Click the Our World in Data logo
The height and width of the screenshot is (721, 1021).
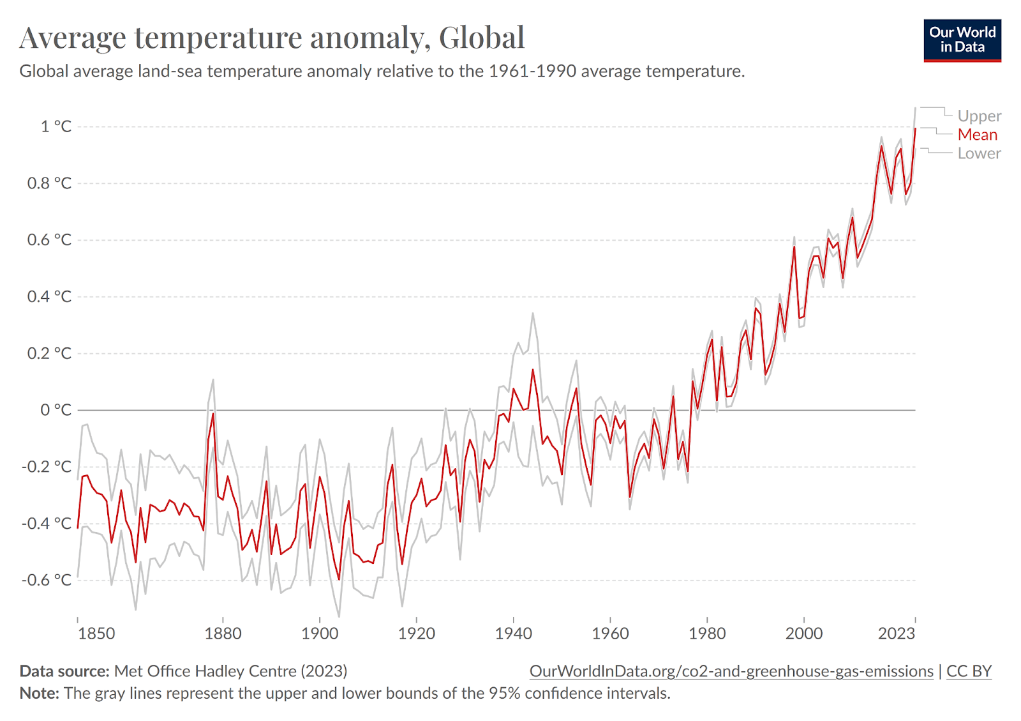[x=962, y=40]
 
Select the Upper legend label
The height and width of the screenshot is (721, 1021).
[x=979, y=116]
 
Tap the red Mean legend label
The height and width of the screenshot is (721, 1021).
[x=977, y=135]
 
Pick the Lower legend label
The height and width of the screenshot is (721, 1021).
[x=979, y=153]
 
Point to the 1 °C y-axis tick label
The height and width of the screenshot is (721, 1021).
[x=56, y=126]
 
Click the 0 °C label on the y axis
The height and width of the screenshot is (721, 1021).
[x=56, y=410]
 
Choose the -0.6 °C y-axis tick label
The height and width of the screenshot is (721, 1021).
[x=47, y=580]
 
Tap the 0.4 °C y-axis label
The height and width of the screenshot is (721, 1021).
[x=49, y=296]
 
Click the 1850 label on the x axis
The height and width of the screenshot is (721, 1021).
[x=96, y=634]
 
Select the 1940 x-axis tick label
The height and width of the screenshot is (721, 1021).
[x=514, y=634]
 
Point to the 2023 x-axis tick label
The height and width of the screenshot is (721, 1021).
[x=897, y=634]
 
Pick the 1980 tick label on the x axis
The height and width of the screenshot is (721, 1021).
[x=707, y=634]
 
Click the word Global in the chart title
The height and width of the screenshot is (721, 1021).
[x=482, y=38]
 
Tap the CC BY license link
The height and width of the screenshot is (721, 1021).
[x=969, y=671]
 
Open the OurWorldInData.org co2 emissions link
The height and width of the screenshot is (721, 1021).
[x=731, y=671]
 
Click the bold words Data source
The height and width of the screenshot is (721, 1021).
[x=64, y=671]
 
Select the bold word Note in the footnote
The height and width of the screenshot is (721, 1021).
[x=39, y=693]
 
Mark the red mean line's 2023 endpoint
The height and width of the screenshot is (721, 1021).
[x=915, y=129]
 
